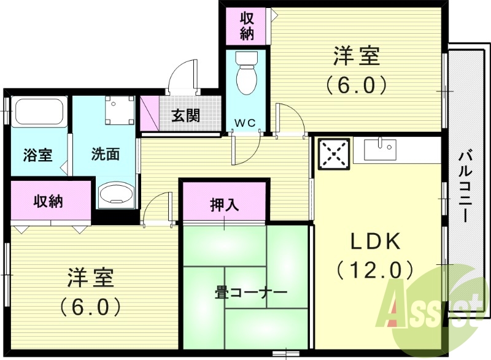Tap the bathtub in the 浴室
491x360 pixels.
tap(39, 112)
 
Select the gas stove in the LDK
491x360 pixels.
tap(333, 153)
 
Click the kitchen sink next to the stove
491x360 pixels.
tap(381, 148)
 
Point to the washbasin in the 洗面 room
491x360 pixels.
tap(115, 194)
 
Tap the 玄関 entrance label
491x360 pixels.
tap(185, 115)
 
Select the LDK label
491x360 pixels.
tap(375, 242)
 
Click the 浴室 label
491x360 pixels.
tap(38, 155)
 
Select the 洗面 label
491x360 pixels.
tap(106, 154)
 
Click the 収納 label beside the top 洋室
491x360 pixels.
tap(247, 26)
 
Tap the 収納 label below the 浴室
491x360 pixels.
tap(48, 201)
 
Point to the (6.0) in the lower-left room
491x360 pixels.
tap(90, 305)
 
